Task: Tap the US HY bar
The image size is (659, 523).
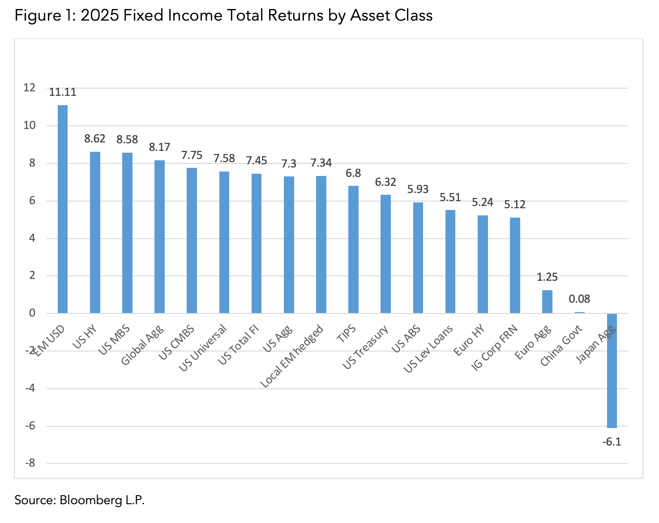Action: (x=95, y=232)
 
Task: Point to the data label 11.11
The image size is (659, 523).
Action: (x=63, y=92)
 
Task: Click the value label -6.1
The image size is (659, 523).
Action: (x=612, y=442)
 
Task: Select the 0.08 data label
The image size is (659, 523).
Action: (x=579, y=299)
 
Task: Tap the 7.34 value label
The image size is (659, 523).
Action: (x=321, y=163)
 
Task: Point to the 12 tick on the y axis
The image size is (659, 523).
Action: (x=30, y=88)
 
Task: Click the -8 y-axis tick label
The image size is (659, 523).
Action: (x=30, y=463)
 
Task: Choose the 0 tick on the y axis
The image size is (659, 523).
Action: (x=32, y=313)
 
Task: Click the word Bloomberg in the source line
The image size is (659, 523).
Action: (x=88, y=500)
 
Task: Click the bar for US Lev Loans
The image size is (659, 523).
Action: (x=450, y=261)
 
